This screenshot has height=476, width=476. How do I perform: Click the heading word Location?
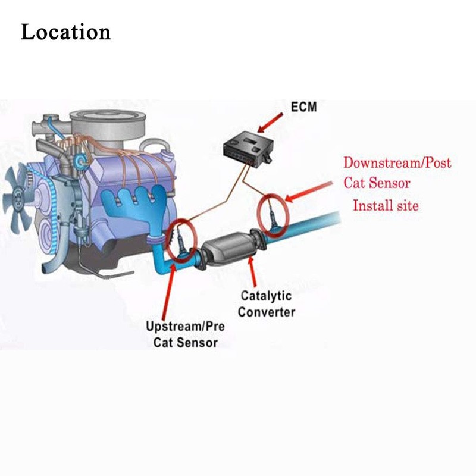click(x=65, y=32)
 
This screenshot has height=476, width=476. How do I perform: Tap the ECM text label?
click(x=303, y=107)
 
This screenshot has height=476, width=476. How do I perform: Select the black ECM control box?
click(x=248, y=149)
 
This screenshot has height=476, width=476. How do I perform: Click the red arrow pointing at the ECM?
click(x=270, y=123)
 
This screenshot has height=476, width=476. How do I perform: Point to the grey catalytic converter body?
click(x=230, y=248)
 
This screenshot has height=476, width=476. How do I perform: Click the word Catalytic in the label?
click(x=266, y=296)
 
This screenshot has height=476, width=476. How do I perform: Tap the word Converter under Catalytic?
click(x=267, y=312)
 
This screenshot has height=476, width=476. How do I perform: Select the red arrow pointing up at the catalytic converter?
click(x=252, y=272)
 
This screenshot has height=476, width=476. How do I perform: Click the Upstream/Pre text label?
click(x=185, y=326)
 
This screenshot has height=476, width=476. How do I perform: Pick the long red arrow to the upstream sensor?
click(x=168, y=292)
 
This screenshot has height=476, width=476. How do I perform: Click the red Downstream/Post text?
click(x=397, y=163)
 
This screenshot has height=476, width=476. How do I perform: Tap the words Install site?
click(x=386, y=205)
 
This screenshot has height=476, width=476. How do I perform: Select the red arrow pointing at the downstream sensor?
click(x=309, y=192)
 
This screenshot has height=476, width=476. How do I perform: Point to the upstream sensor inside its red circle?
click(x=181, y=242)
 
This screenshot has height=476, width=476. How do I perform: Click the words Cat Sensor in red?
click(x=377, y=183)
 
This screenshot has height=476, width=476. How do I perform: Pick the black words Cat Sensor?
click(x=186, y=343)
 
